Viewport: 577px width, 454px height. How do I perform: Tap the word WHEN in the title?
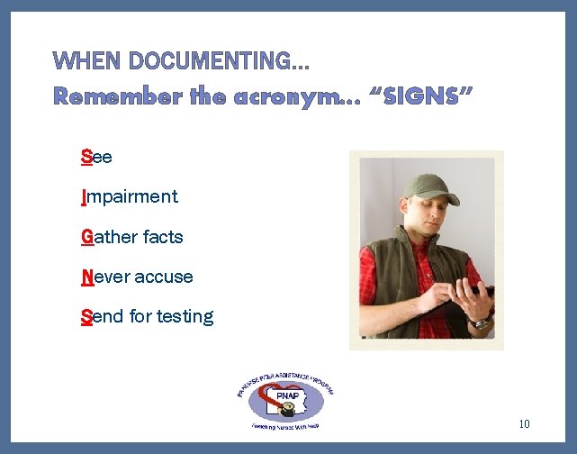tap(88, 61)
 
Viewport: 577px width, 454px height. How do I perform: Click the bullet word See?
tap(96, 157)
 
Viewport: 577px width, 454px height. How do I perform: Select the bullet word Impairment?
tap(130, 196)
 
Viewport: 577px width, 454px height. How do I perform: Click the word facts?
tap(163, 237)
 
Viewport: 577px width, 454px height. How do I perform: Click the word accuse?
tap(164, 277)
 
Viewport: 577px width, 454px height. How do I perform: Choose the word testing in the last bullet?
tap(185, 316)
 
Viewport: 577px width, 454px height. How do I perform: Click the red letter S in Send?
tap(86, 316)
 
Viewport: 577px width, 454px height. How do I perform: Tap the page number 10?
tap(525, 424)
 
